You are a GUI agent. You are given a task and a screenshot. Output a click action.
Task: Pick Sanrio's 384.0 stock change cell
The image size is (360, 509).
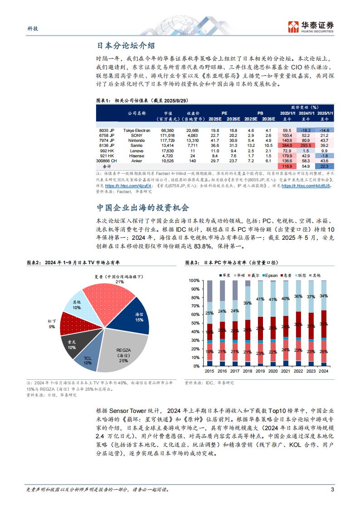pos(287,145)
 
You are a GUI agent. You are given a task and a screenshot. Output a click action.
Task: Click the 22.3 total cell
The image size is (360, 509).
pos(325,166)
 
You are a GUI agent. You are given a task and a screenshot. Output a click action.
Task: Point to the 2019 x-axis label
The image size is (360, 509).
pos(260,370)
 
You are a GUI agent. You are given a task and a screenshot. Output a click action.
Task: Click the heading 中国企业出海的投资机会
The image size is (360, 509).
pos(142,208)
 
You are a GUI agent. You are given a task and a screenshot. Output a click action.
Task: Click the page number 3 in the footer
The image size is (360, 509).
pos(332,490)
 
